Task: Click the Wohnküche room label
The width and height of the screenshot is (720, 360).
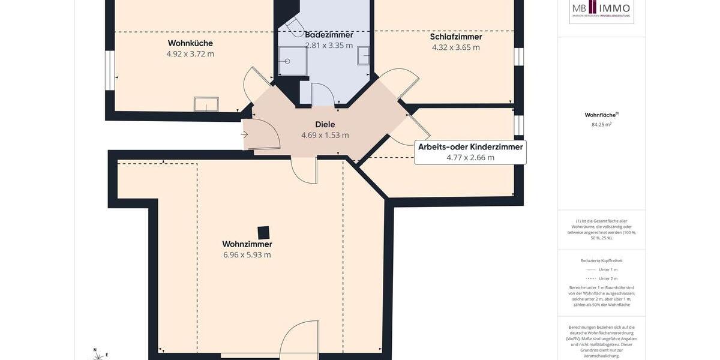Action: [190, 43]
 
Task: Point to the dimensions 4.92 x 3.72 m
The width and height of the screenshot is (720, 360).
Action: [190, 54]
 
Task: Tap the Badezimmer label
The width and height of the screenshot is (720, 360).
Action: [329, 35]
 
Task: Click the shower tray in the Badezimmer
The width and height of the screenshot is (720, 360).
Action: [293, 61]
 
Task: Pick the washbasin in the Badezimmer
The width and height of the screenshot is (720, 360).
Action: [364, 56]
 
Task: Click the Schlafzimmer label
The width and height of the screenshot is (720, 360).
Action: [456, 37]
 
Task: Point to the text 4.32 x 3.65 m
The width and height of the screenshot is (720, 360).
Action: [456, 47]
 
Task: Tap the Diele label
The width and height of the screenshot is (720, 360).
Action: [325, 124]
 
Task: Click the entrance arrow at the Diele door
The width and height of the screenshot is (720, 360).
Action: [244, 134]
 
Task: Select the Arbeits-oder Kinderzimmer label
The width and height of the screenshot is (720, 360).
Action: [470, 147]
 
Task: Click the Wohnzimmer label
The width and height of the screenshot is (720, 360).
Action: [247, 244]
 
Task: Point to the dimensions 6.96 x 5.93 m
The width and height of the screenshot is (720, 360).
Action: [247, 255]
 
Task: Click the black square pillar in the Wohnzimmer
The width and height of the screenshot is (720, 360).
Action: [263, 233]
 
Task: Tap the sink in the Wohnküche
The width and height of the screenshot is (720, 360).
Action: [206, 104]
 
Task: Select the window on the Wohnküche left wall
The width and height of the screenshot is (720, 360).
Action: [110, 70]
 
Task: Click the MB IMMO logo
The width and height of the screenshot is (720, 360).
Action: [601, 9]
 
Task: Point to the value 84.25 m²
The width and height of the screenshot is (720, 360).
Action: [601, 125]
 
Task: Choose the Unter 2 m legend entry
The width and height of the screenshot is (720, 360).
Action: [601, 278]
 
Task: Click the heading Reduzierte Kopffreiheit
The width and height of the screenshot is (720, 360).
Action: [601, 260]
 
